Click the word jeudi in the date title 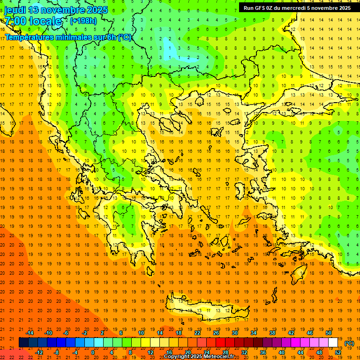click(x=15, y=10)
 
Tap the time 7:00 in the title click(x=15, y=21)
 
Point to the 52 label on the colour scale click(x=338, y=352)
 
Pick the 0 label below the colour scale click(x=93, y=352)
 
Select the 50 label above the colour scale click(x=329, y=332)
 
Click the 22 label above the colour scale click(x=197, y=332)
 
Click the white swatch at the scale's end click(x=333, y=342)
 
